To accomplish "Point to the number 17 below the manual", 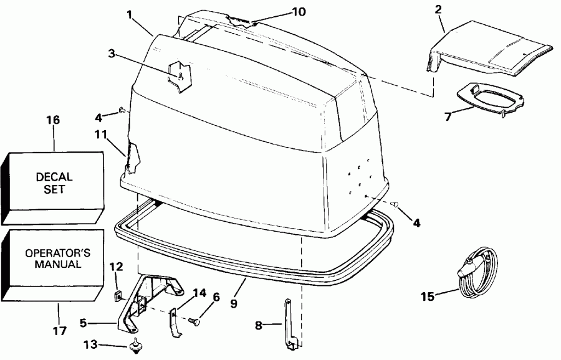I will click(59, 331).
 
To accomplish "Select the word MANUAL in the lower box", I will click(54, 264).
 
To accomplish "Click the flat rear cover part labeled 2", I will click(492, 53).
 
